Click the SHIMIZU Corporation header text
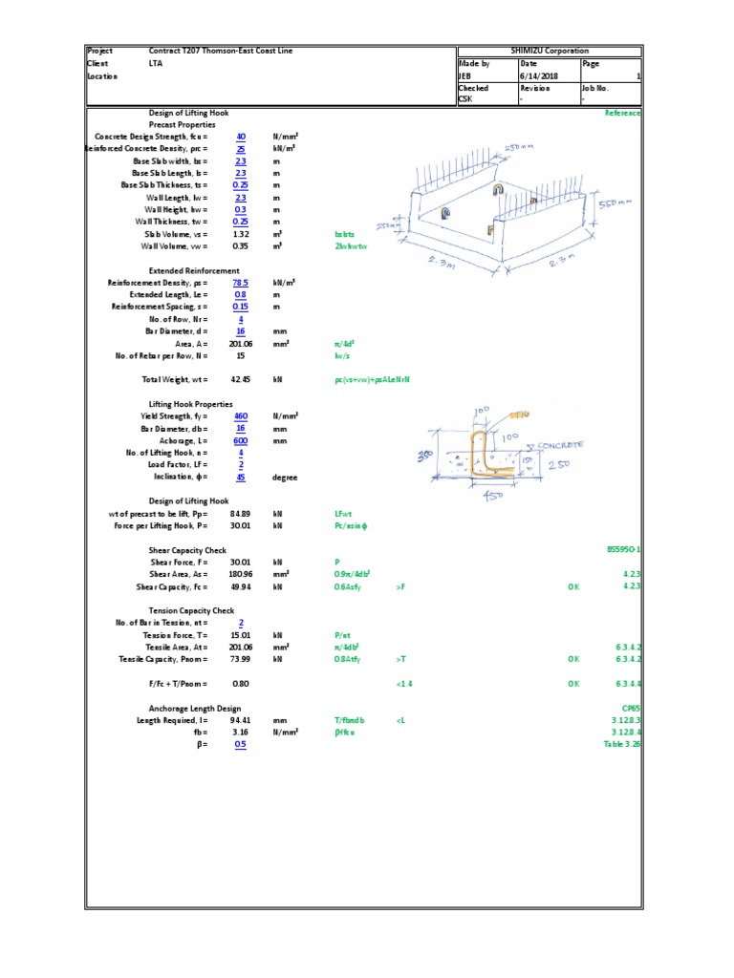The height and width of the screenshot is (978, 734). click(549, 51)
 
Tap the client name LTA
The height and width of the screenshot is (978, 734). click(155, 63)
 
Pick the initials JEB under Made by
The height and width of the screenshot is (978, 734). click(465, 75)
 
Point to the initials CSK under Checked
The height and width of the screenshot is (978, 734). click(465, 99)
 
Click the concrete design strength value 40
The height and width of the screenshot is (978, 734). click(241, 137)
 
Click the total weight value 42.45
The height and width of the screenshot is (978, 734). click(240, 379)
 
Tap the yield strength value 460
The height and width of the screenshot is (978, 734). click(241, 416)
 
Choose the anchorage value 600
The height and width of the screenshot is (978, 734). click(241, 440)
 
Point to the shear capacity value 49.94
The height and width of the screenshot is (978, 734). click(240, 586)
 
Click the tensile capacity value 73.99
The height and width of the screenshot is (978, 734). click(240, 659)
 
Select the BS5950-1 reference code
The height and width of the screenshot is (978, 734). click(623, 550)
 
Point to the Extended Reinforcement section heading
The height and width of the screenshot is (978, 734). click(194, 270)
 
